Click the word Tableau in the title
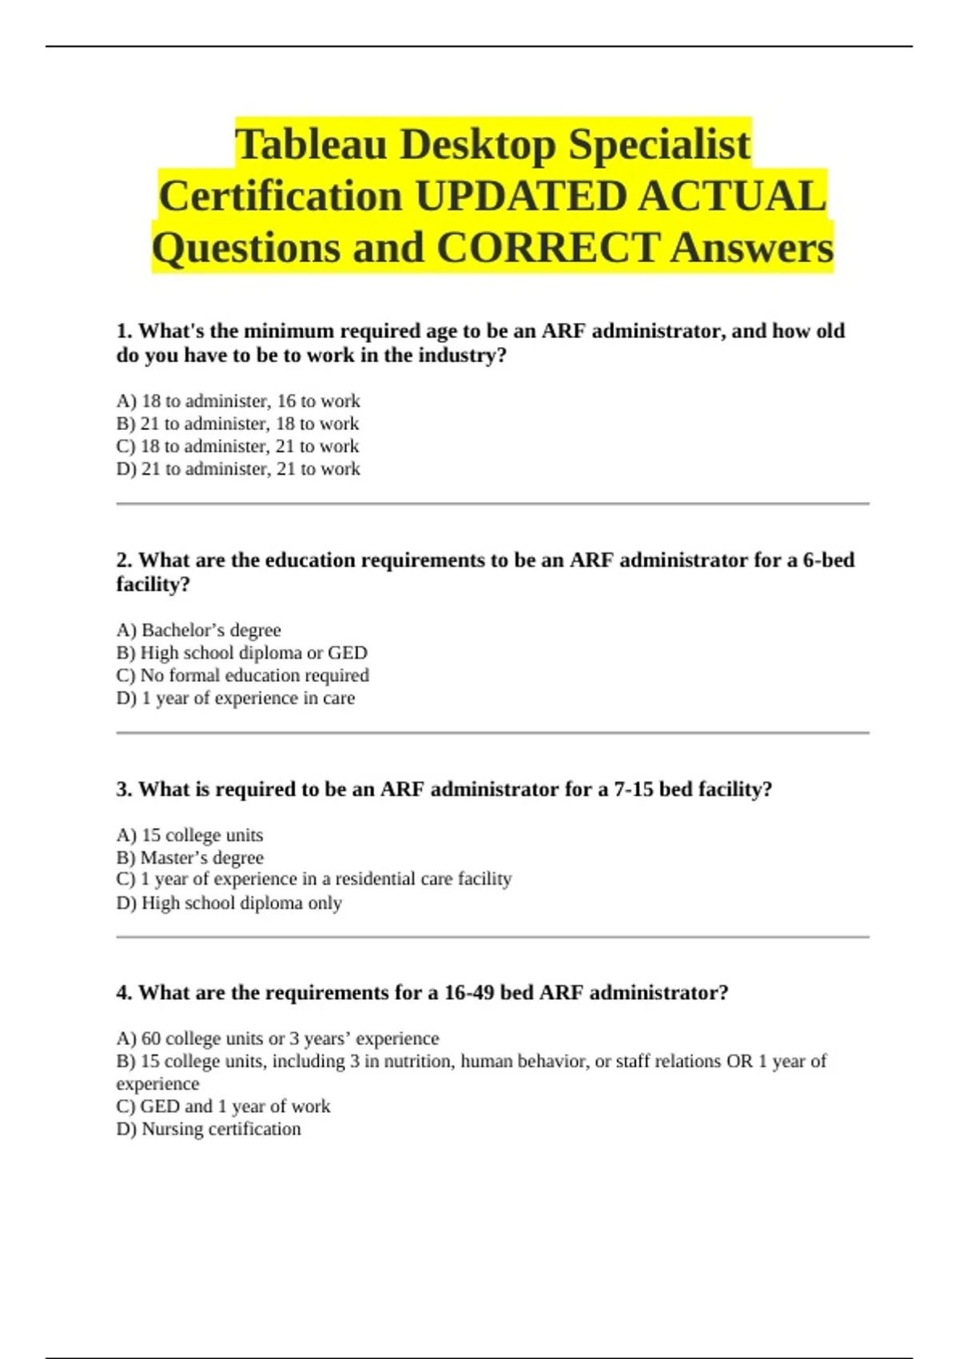pyautogui.click(x=311, y=145)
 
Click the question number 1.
pyautogui.click(x=123, y=331)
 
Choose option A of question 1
pyautogui.click(x=238, y=401)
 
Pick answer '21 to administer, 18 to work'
pyautogui.click(x=237, y=424)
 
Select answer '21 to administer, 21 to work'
pyautogui.click(x=238, y=468)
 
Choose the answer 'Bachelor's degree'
pyautogui.click(x=198, y=630)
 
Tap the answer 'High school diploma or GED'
pyautogui.click(x=241, y=652)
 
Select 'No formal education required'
pyautogui.click(x=242, y=676)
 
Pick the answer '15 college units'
pyautogui.click(x=189, y=835)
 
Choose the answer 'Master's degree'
pyautogui.click(x=189, y=858)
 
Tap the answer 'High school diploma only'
pyautogui.click(x=229, y=903)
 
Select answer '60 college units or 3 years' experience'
pyautogui.click(x=277, y=1038)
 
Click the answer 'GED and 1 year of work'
pyautogui.click(x=223, y=1106)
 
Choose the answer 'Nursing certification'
pyautogui.click(x=209, y=1129)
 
